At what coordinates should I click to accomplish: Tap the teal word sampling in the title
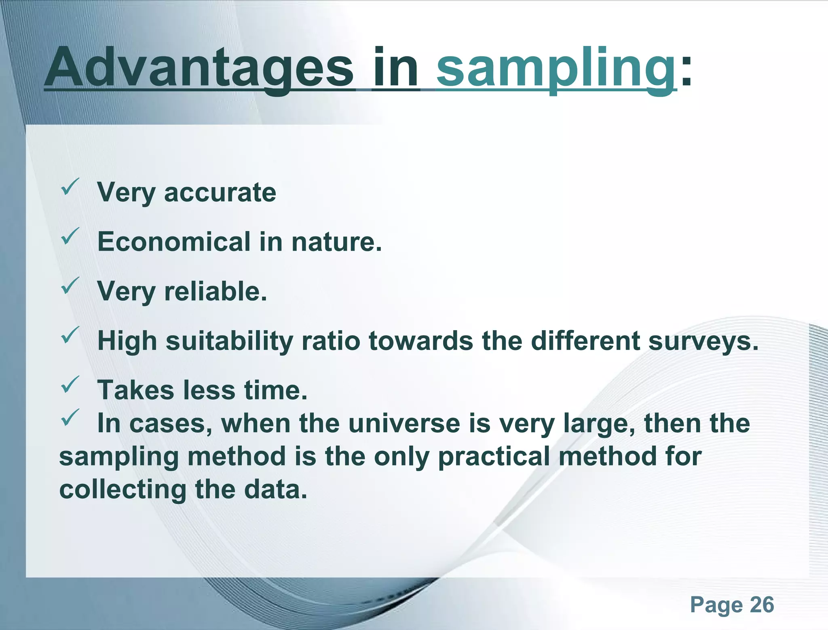click(x=556, y=68)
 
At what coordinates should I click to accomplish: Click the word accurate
click(x=220, y=192)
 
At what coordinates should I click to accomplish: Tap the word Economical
click(x=174, y=242)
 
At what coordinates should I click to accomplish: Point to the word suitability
click(x=229, y=341)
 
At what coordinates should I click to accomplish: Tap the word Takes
click(x=136, y=390)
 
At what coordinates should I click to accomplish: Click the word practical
click(x=494, y=457)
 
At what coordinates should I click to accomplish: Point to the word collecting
click(x=123, y=490)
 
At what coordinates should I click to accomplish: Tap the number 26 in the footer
click(x=762, y=605)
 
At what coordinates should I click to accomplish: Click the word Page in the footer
click(x=716, y=605)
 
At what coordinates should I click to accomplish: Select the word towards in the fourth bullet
click(x=420, y=341)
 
